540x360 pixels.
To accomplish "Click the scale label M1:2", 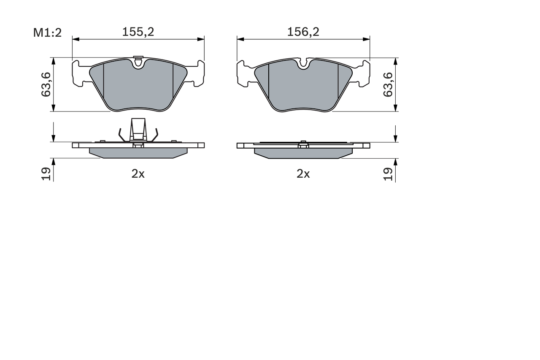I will pos(48,32).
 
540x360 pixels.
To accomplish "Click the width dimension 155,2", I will pos(138,32).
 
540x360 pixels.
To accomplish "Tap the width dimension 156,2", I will pos(303,32).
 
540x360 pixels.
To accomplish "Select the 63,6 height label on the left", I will pos(46,84).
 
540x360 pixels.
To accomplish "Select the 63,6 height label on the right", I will pos(388,84).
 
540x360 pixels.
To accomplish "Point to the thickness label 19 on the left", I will pos(46,174).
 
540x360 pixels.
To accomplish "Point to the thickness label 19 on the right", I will pos(388,174).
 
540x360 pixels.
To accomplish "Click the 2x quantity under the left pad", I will pos(138,174).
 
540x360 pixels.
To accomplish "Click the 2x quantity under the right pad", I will pos(303,174).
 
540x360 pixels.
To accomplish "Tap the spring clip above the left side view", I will pos(138,130).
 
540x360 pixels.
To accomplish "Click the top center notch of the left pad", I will pos(138,63).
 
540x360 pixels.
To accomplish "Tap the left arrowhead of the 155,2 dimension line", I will pos(75,39).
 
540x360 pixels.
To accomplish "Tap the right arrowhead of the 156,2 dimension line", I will pos(367,39).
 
